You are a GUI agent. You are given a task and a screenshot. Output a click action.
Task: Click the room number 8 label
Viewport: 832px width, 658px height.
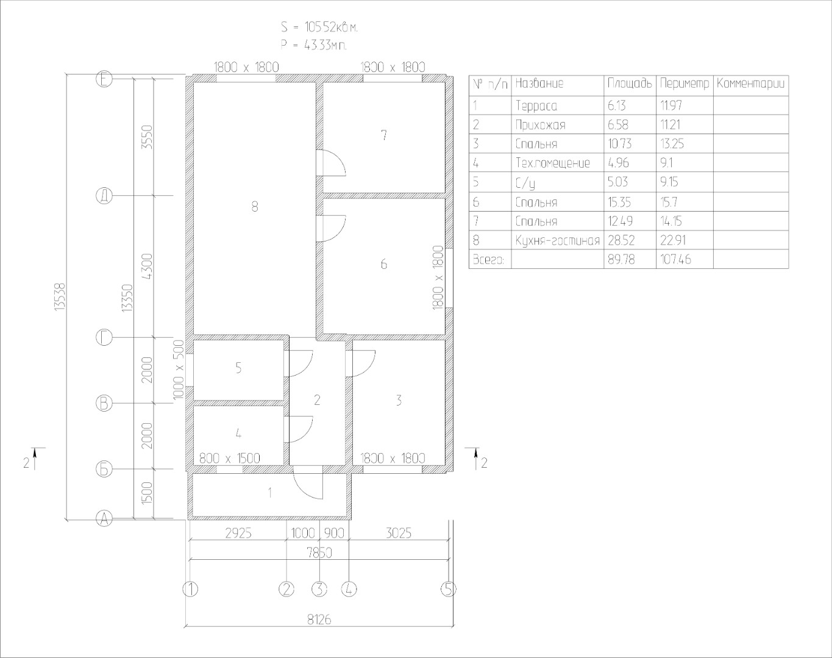point(254,207)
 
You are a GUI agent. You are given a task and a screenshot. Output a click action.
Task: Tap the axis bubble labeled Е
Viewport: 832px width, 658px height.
point(104,79)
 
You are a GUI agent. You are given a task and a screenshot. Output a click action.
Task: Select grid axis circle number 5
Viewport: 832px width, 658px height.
point(448,588)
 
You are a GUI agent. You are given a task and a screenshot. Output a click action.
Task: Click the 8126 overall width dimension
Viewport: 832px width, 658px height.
point(319,620)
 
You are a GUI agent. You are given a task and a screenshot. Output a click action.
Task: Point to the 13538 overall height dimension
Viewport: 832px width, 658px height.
point(60,297)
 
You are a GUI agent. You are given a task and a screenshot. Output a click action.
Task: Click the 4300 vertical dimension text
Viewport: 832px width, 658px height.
point(148,266)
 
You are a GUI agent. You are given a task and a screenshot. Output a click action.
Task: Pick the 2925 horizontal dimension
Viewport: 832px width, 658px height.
point(238,534)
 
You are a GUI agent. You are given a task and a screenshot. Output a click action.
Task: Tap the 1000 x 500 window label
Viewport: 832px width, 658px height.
point(178,370)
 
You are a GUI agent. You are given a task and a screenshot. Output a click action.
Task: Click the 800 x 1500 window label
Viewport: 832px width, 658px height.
point(229,459)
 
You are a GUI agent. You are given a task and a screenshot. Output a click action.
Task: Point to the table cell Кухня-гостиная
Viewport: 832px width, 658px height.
point(558,241)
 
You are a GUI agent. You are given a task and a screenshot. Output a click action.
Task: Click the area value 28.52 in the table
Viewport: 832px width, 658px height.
point(621,241)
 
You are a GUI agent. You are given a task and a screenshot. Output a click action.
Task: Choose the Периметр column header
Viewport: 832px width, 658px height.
point(684,84)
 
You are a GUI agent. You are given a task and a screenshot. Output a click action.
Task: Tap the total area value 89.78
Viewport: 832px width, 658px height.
point(621,259)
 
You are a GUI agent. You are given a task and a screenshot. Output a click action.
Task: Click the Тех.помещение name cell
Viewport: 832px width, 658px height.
point(553,163)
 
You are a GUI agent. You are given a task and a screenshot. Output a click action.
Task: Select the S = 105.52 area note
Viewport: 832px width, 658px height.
point(319,27)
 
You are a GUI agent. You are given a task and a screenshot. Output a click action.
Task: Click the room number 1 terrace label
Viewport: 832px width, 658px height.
point(270,493)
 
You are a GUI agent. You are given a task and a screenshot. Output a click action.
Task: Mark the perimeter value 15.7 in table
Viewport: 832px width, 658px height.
point(669,202)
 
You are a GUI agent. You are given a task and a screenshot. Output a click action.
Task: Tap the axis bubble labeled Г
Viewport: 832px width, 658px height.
point(104,337)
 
